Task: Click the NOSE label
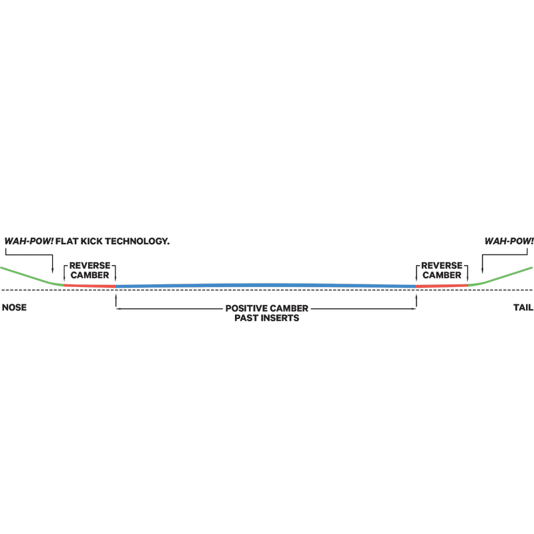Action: [14, 308]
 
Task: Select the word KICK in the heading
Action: [91, 241]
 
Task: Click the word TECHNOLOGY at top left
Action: [138, 241]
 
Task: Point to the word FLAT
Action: [67, 241]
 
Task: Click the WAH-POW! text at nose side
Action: [29, 241]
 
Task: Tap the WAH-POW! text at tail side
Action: [509, 241]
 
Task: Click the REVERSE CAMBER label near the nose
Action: [90, 270]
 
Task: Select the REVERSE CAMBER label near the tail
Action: [442, 270]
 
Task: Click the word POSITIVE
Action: [246, 308]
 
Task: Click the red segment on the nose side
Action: [89, 286]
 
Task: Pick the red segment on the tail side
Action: [442, 286]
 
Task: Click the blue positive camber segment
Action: [266, 286]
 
